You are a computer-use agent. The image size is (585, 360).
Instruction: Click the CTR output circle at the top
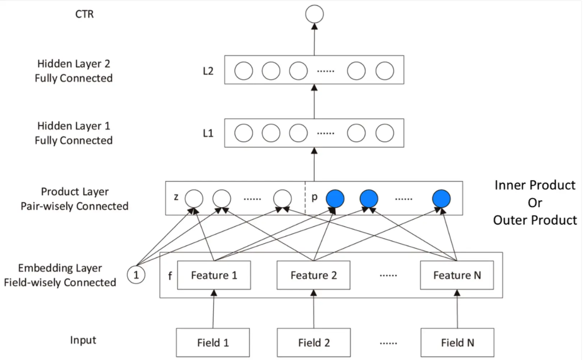(x=314, y=14)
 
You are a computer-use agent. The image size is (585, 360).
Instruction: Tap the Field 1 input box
(x=213, y=342)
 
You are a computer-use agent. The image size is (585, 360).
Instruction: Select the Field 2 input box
(x=314, y=342)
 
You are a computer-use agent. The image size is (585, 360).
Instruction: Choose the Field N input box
(x=457, y=342)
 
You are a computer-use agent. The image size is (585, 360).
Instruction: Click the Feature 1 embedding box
(x=214, y=275)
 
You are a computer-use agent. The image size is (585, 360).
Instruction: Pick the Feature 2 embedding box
(x=313, y=275)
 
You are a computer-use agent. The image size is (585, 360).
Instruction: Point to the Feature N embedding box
(x=457, y=275)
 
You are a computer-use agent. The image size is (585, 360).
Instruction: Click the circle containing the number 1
(x=136, y=275)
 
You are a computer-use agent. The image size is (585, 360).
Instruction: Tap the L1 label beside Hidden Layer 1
(x=208, y=133)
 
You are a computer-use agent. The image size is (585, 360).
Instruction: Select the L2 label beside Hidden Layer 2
(x=208, y=71)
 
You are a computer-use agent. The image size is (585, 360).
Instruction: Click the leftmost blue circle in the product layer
(x=335, y=199)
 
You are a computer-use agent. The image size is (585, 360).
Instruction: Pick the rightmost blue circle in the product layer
(x=441, y=199)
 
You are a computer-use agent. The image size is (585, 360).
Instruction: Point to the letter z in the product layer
(x=176, y=197)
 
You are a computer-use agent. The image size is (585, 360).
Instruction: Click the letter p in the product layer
(x=314, y=197)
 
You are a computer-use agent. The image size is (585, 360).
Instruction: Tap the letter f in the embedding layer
(x=170, y=276)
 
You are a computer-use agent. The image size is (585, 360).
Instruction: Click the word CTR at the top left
(x=84, y=14)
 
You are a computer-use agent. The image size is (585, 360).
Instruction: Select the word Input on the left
(x=83, y=340)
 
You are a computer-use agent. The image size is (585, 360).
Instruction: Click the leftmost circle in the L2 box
(x=244, y=71)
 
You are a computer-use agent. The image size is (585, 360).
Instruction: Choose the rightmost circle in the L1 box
(x=384, y=133)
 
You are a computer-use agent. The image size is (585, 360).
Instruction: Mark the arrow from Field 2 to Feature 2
(x=314, y=311)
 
